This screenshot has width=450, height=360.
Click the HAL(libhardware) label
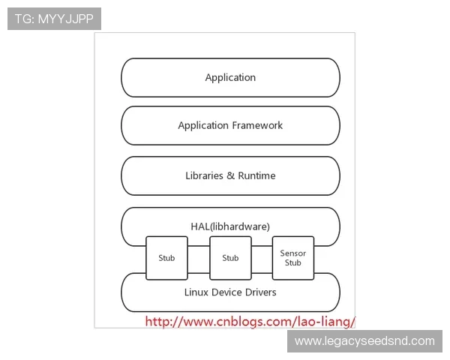pyautogui.click(x=230, y=226)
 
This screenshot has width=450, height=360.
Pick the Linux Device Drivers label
pyautogui.click(x=230, y=292)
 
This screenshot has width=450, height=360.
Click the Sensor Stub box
pyautogui.click(x=292, y=258)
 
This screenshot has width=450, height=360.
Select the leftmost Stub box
pyautogui.click(x=166, y=258)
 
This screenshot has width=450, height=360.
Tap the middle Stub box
pyautogui.click(x=230, y=258)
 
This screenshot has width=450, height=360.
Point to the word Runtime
pyautogui.click(x=256, y=175)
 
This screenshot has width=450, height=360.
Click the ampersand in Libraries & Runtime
pyautogui.click(x=231, y=175)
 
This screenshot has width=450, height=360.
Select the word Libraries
pyautogui.click(x=205, y=175)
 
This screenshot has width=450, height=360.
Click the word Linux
pyautogui.click(x=196, y=292)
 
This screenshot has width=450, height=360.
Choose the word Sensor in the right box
pyautogui.click(x=292, y=253)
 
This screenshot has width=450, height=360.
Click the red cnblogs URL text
pyautogui.click(x=250, y=322)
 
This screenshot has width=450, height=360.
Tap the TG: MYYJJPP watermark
pyautogui.click(x=54, y=19)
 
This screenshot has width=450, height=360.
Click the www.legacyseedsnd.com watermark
pyautogui.click(x=364, y=341)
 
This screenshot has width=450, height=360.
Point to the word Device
pyautogui.click(x=227, y=292)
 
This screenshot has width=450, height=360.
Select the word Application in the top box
pyautogui.click(x=230, y=77)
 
